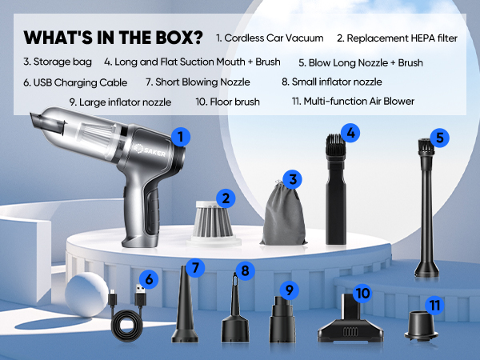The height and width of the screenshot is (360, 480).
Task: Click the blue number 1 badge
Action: click(182, 137)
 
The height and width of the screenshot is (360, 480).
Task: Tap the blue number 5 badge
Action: click(439, 137)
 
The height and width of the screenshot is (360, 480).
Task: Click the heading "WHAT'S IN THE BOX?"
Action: click(113, 38)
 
